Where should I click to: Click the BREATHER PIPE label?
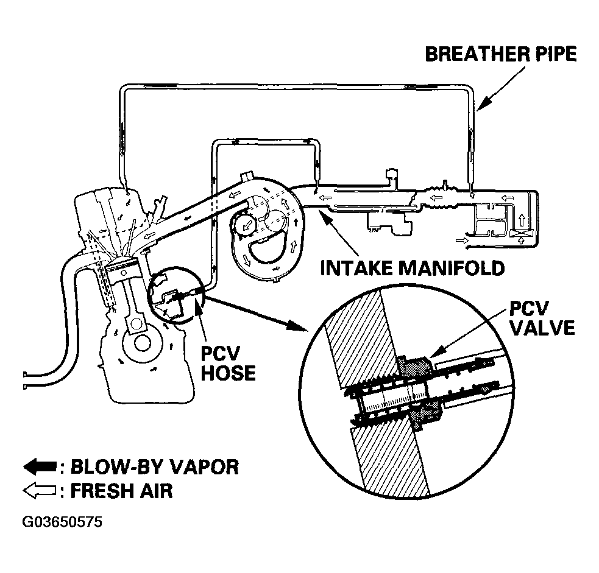(x=500, y=54)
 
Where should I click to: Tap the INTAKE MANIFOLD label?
(x=413, y=269)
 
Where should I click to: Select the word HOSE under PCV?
(x=228, y=373)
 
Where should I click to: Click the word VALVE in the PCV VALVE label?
(x=542, y=328)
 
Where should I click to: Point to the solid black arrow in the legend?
(x=40, y=467)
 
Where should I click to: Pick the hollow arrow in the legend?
(x=40, y=491)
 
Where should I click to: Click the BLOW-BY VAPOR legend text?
(x=155, y=467)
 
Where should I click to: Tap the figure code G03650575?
(x=62, y=522)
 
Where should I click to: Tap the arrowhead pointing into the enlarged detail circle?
(x=300, y=326)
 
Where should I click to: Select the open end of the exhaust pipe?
(x=25, y=381)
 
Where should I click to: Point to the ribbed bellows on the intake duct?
(x=442, y=198)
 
